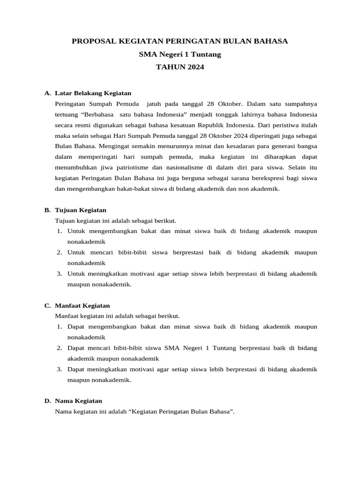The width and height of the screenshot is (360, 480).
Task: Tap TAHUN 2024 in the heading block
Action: [180, 67]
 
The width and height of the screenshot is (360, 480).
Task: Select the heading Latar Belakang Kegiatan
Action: [93, 93]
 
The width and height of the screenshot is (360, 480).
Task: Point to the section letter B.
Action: [47, 210]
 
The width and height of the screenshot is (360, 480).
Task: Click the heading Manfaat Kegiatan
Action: [82, 306]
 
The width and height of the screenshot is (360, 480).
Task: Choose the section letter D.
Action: [47, 401]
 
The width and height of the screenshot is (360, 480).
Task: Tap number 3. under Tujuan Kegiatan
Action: [60, 274]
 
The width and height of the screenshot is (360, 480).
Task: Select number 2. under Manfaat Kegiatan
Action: [60, 348]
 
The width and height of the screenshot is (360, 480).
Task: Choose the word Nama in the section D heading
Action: [63, 401]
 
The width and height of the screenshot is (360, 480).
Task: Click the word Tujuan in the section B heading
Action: [65, 210]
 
